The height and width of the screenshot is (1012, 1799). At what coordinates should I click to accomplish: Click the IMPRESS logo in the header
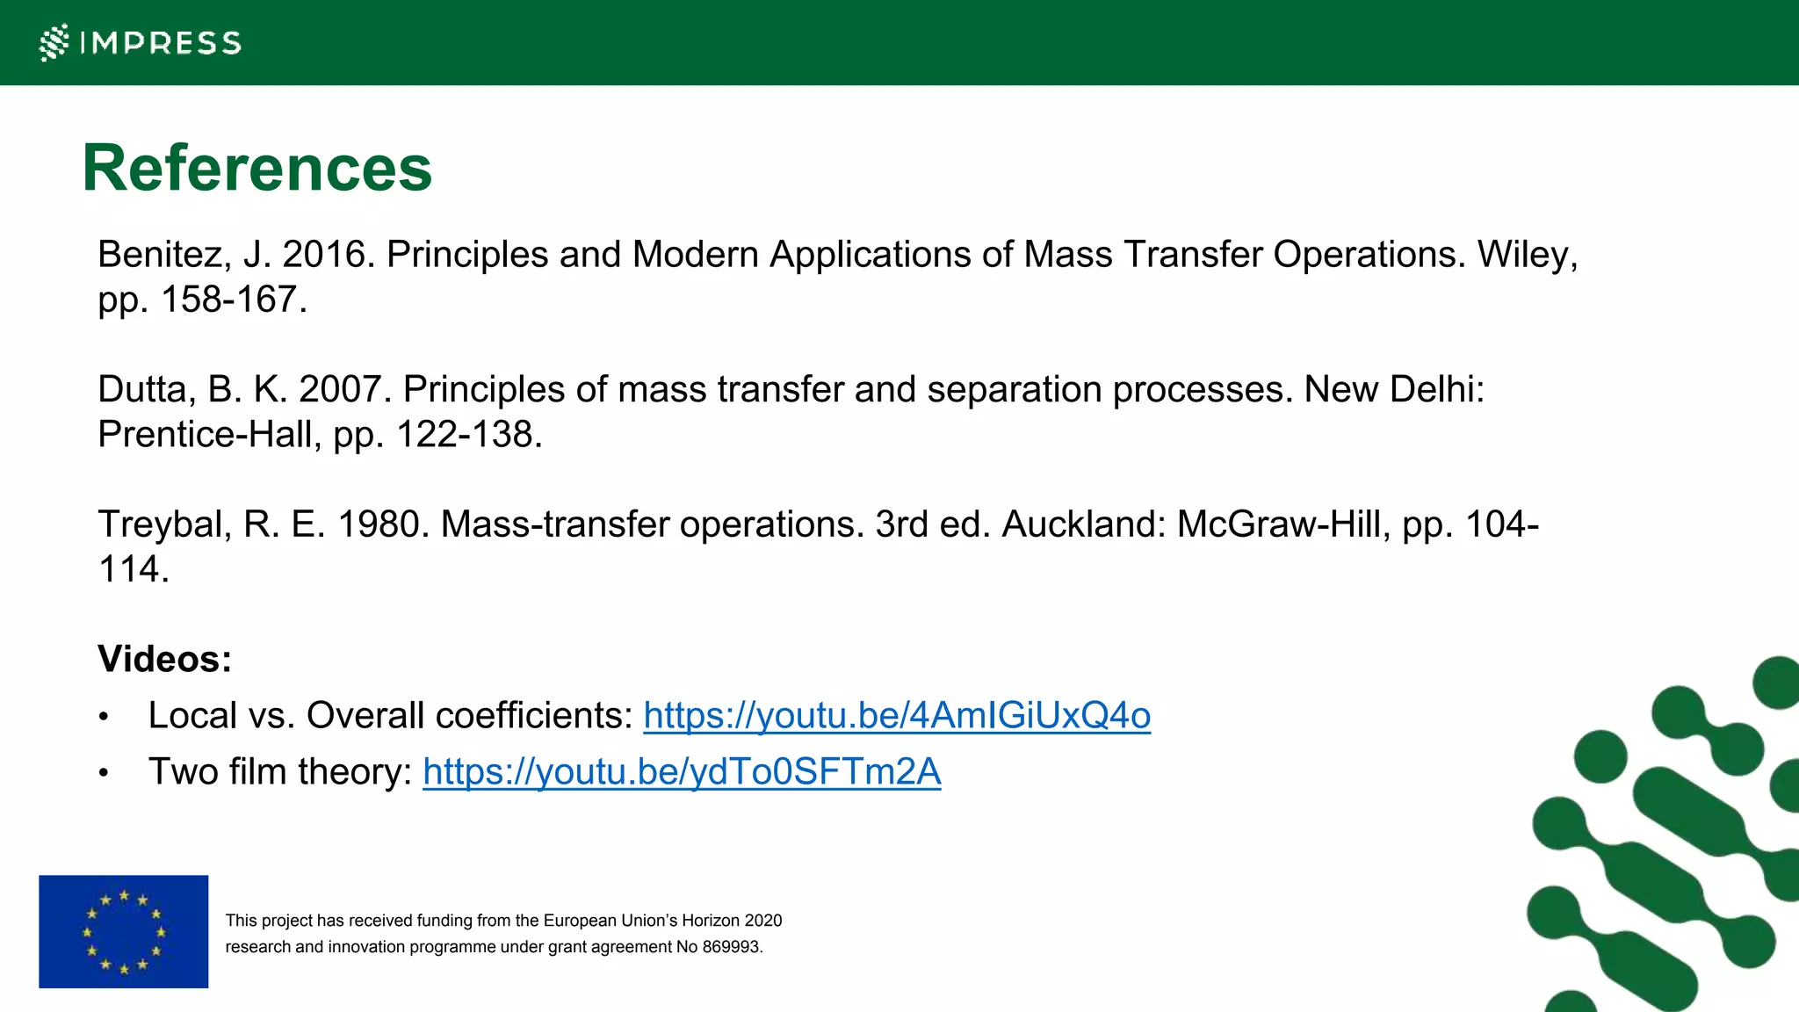pos(141,42)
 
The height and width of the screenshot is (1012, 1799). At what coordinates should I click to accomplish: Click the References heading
pos(256,168)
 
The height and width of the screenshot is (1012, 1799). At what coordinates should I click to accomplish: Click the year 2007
pos(340,389)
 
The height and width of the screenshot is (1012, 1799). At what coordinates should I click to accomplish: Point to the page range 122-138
pos(465,434)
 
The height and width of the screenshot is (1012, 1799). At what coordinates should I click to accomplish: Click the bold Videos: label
pos(164,659)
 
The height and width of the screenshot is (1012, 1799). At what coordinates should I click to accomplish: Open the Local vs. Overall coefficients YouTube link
pos(896,715)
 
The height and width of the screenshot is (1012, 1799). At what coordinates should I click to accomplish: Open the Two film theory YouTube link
pos(682,771)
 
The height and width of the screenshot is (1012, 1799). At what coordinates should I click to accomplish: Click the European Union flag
pos(124,931)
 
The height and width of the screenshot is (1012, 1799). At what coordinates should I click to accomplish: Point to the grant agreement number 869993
pos(731,947)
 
